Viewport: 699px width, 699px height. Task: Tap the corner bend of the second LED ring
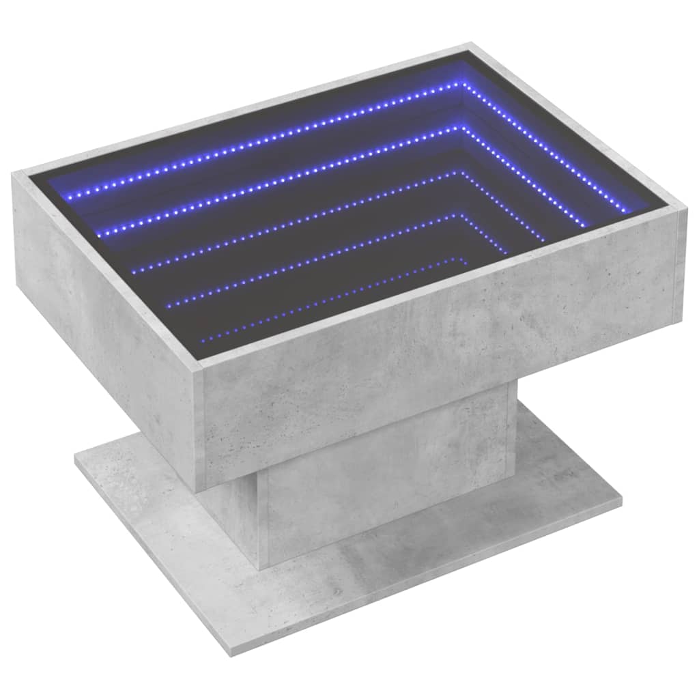point(463,127)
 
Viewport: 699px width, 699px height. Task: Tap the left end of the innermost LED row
point(203,337)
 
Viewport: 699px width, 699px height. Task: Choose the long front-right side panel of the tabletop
point(437,369)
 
